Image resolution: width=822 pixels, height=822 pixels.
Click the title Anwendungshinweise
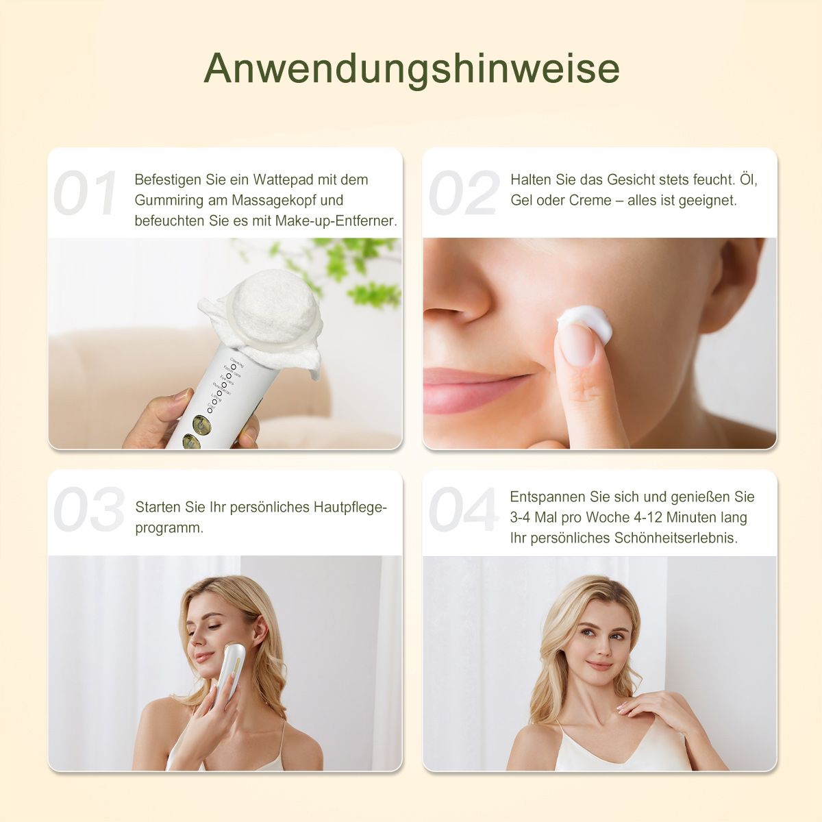[x=411, y=68]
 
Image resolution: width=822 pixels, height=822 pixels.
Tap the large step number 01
[x=86, y=194]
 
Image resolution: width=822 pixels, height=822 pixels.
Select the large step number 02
[x=464, y=194]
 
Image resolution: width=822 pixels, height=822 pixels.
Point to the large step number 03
[x=88, y=510]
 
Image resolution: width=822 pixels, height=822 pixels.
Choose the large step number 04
[x=464, y=510]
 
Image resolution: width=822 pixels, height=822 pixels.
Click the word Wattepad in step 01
[x=283, y=180]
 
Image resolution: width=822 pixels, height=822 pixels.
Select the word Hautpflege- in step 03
[x=350, y=508]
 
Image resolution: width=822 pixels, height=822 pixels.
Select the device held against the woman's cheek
[x=227, y=675]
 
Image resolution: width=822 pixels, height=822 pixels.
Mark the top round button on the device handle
[x=204, y=421]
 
